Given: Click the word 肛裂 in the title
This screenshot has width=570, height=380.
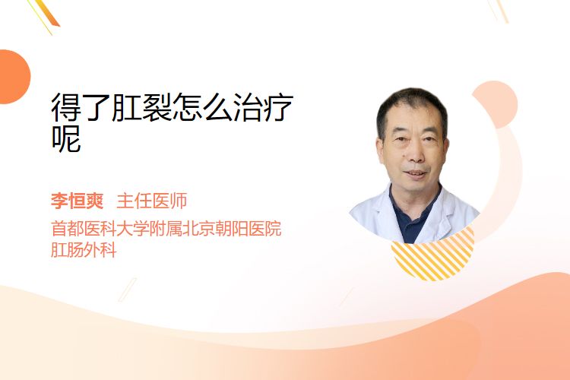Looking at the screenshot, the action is click(x=142, y=107).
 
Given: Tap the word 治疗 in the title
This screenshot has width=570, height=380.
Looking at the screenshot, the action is click(x=263, y=107).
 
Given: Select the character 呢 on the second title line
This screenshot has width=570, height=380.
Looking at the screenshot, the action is click(x=66, y=138).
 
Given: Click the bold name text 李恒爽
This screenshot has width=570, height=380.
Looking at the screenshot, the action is click(x=77, y=201).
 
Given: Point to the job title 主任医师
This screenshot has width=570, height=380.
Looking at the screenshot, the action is click(x=151, y=201).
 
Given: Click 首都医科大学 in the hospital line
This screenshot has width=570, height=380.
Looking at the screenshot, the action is click(x=100, y=228).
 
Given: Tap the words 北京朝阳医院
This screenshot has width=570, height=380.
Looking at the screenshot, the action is click(x=232, y=228).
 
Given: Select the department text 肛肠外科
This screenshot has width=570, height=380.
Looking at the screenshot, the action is click(x=84, y=250).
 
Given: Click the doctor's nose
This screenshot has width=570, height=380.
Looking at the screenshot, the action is click(x=416, y=154).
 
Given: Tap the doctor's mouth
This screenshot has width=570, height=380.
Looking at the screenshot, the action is click(x=416, y=173).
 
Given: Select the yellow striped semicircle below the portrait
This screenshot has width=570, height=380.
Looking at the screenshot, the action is click(x=432, y=258).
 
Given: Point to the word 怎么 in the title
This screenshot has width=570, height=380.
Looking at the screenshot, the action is click(x=202, y=107).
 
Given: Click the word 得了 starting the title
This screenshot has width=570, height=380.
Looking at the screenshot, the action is click(x=81, y=107).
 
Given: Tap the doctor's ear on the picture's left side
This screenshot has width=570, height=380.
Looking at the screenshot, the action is click(x=380, y=153).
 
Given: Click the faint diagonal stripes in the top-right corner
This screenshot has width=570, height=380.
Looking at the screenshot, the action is click(x=499, y=11).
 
